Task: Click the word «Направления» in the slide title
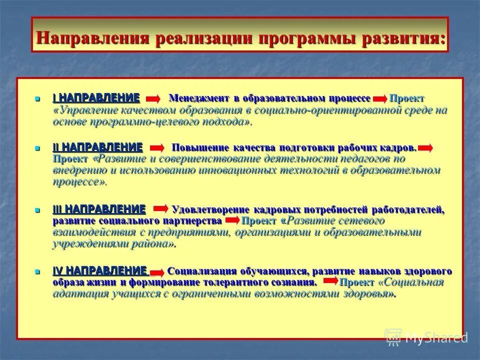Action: point(93,38)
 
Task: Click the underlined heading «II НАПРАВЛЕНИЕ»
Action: point(97,147)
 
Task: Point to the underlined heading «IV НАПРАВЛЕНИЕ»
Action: point(99,271)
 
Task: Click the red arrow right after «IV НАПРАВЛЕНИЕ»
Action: point(157,272)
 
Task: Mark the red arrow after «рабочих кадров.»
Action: point(425,148)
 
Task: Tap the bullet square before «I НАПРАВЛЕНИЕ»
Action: point(37,98)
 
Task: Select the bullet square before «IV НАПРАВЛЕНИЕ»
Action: point(37,271)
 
